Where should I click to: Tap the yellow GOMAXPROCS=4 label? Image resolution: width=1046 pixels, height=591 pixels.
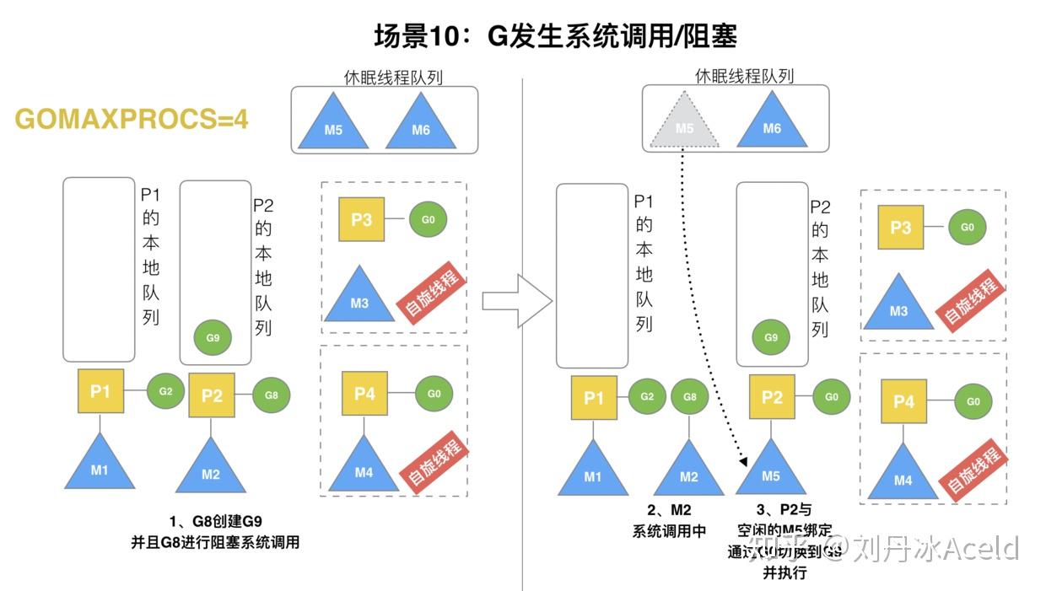coord(132,119)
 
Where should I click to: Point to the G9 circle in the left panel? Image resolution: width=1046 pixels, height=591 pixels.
coord(213,337)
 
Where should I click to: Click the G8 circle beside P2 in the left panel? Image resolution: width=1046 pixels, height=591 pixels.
coord(271,395)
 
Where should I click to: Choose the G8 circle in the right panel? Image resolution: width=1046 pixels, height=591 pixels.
coord(689,397)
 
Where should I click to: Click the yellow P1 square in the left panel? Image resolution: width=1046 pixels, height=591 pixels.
coord(100,391)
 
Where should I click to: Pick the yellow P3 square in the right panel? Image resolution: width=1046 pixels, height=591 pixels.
coord(900,228)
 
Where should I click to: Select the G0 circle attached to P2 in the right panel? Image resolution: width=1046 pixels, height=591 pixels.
coord(831,397)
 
